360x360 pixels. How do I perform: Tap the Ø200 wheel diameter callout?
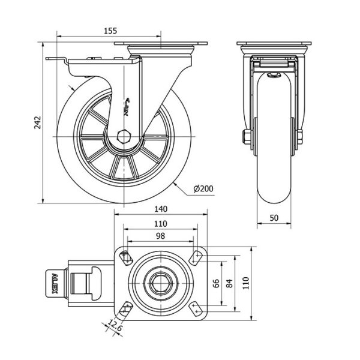tap(204, 189)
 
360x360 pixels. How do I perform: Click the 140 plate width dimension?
tap(160, 209)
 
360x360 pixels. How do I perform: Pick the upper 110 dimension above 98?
tap(160, 223)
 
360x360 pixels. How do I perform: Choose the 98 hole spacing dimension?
tap(160, 236)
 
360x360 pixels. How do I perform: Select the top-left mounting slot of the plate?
tap(125, 257)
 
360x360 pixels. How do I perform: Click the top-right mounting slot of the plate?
tap(196, 257)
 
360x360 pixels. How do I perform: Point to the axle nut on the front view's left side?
tap(247, 137)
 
